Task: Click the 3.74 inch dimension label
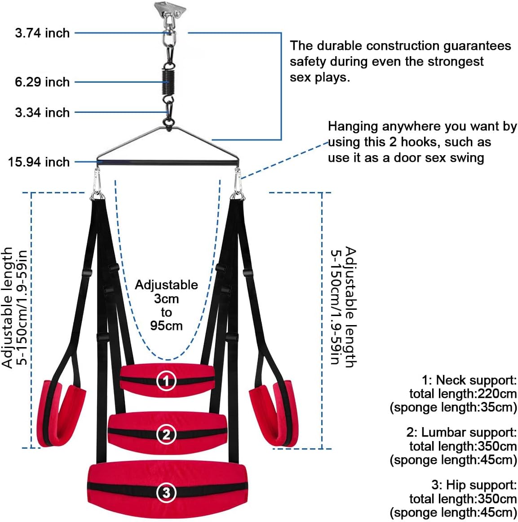tap(42, 33)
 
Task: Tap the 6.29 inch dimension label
tap(42, 82)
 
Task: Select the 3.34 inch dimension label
tap(42, 112)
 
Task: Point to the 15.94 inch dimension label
tap(39, 162)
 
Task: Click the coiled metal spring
tap(168, 81)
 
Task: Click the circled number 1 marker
tap(166, 381)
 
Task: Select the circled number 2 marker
tap(166, 434)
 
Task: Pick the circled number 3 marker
tap(166, 492)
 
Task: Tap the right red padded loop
tap(272, 412)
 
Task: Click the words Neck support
tap(476, 380)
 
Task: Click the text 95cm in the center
tap(166, 326)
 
